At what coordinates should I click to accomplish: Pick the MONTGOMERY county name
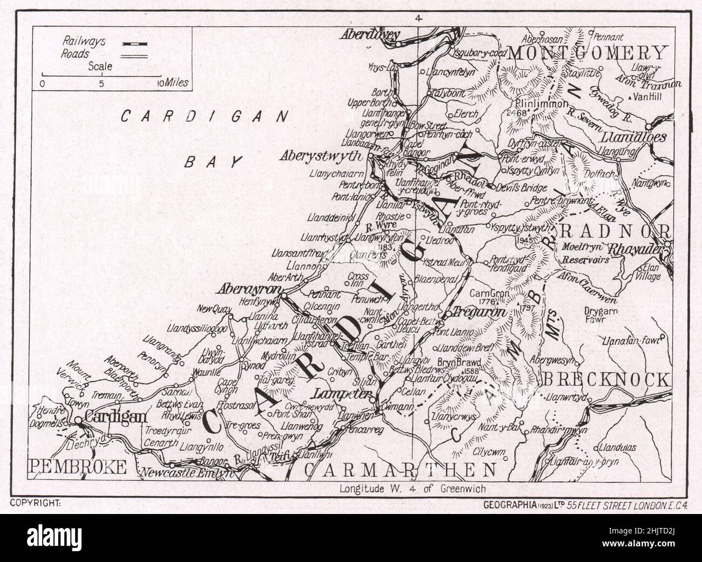point(587,53)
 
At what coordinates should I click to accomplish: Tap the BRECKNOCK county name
point(606,380)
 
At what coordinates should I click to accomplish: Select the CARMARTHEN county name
point(400,470)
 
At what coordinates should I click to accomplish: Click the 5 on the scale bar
point(101,84)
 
